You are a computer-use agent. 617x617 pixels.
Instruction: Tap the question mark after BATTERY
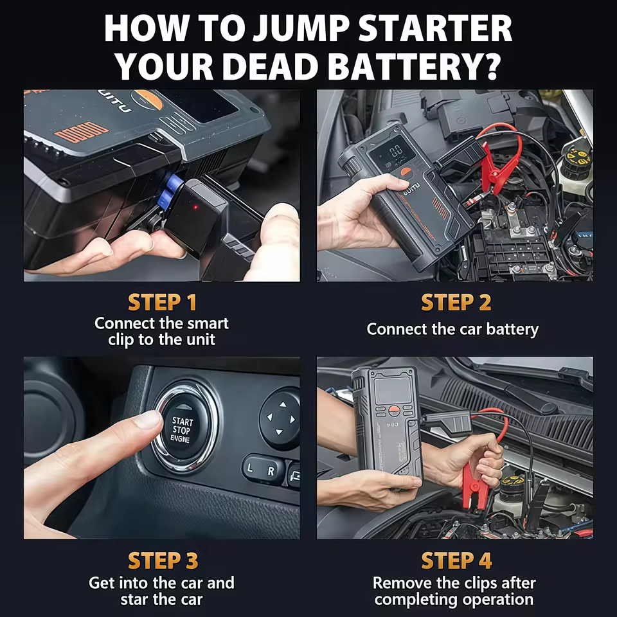point(490,66)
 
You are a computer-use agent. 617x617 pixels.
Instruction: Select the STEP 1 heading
point(162,302)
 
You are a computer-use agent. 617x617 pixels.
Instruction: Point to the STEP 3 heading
point(162,560)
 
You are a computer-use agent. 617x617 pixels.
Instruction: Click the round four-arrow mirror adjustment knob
point(280,418)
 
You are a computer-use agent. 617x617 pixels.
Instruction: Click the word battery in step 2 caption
point(512,329)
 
